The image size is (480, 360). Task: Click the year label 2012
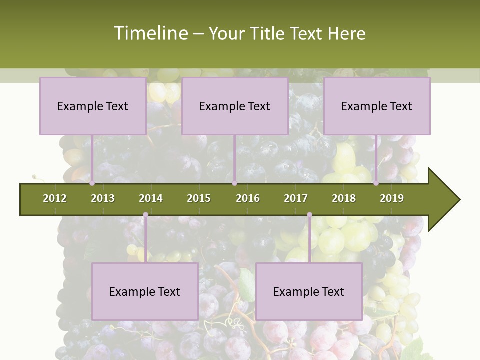[55, 198]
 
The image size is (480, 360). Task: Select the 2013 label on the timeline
[103, 198]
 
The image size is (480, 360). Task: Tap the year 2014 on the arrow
[151, 198]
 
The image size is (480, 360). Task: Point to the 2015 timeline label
[199, 198]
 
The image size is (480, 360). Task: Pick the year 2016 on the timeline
[248, 198]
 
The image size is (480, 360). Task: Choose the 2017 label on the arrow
[296, 198]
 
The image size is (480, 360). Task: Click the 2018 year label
[344, 198]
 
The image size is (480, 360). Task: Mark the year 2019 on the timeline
[392, 198]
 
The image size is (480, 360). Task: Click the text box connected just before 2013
[93, 106]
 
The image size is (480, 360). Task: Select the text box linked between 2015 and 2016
[235, 106]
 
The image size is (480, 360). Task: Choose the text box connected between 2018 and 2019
[377, 106]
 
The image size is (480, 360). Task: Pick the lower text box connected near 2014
[145, 291]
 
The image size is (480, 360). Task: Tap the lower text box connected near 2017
[309, 291]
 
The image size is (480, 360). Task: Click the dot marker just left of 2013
[92, 183]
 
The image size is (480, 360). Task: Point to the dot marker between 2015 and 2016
[234, 183]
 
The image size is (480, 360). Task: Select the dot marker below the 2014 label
[145, 215]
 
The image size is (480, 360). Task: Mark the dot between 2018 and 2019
[376, 183]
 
